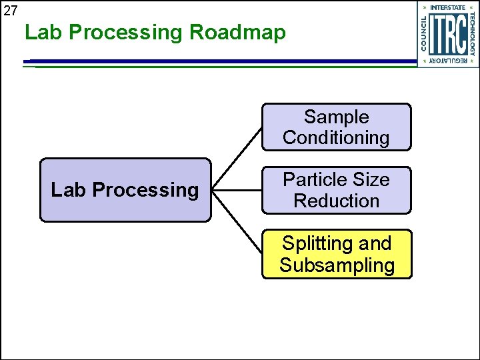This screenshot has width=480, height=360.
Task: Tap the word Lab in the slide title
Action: click(x=43, y=32)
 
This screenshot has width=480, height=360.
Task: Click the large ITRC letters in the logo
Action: click(x=447, y=34)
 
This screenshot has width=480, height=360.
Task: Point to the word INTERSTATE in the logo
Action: click(x=447, y=7)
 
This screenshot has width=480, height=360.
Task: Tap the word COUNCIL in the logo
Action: click(x=425, y=33)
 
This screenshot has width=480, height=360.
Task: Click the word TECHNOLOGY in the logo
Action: click(x=472, y=33)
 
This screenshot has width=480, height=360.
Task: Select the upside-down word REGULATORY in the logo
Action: click(x=447, y=61)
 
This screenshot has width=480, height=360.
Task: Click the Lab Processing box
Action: click(x=125, y=190)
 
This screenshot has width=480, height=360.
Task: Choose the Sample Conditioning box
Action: click(x=336, y=127)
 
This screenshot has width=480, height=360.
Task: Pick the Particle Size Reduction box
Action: click(x=336, y=190)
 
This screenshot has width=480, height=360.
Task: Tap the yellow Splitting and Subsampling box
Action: click(x=336, y=254)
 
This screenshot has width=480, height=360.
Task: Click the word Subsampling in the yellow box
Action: click(x=337, y=265)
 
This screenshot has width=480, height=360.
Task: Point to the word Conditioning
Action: click(x=336, y=138)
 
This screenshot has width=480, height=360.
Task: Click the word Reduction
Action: click(x=336, y=201)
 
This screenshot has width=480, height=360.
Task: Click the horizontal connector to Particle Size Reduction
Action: click(x=236, y=191)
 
